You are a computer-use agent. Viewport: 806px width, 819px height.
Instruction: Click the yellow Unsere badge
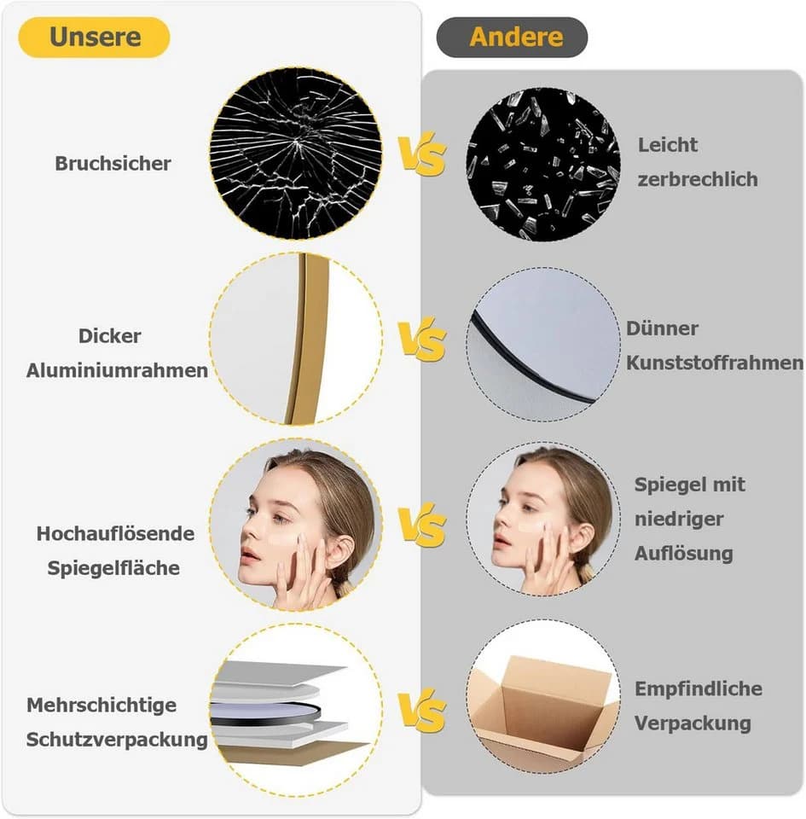[94, 37]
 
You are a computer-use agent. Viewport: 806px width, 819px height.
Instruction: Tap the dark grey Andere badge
[512, 37]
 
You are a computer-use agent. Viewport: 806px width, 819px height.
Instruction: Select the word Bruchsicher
[113, 164]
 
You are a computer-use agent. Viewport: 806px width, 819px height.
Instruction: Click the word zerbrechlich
[698, 179]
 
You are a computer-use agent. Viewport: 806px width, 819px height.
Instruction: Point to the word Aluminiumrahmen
[117, 370]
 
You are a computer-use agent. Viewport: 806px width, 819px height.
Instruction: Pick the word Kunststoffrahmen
[715, 363]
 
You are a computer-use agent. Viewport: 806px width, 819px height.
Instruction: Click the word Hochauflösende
[115, 533]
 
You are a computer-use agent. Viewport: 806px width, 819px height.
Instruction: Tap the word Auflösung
[684, 554]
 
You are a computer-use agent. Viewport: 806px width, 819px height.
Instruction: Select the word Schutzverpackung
[117, 740]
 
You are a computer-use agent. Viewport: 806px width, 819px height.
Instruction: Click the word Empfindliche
[699, 689]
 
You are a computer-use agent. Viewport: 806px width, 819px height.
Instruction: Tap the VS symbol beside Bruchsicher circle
[422, 153]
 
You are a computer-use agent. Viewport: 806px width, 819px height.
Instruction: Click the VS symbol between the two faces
[422, 525]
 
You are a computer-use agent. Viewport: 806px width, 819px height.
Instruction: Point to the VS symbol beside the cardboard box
[422, 711]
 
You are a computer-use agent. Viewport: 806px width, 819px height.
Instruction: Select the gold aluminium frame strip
[308, 340]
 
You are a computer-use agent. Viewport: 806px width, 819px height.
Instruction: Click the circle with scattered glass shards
[543, 164]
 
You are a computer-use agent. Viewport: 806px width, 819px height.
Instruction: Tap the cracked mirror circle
[295, 154]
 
